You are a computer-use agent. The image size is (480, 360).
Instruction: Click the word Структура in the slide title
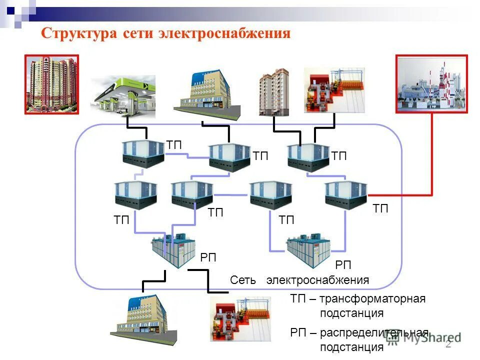tap(78, 33)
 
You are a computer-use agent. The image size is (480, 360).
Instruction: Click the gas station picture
tap(122, 98)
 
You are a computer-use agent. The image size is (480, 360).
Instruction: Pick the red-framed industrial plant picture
tap(431, 83)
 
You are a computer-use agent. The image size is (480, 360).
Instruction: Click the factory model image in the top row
tap(334, 90)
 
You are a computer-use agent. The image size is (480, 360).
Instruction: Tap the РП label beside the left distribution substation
tap(208, 258)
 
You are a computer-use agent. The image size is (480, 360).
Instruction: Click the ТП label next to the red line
tap(380, 209)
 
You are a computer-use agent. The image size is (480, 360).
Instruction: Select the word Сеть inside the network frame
tap(243, 280)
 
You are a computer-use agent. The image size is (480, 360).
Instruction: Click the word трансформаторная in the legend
tap(372, 299)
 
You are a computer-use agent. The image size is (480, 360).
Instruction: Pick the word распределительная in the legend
tap(374, 332)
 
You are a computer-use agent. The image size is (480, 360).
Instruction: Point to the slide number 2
tap(448, 344)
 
